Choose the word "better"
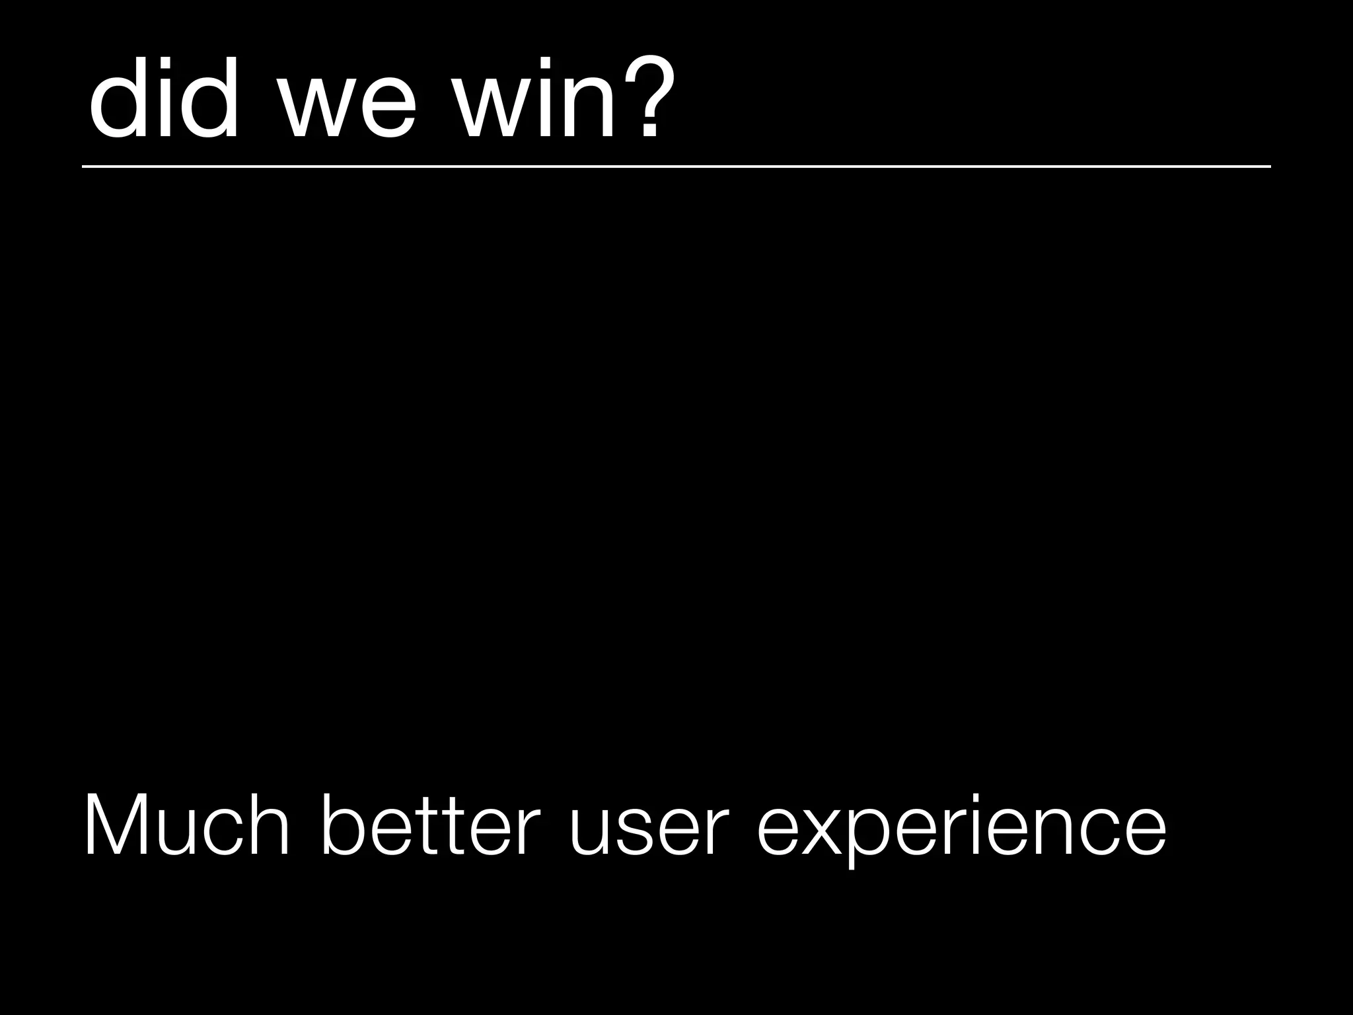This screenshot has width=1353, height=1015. click(430, 826)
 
